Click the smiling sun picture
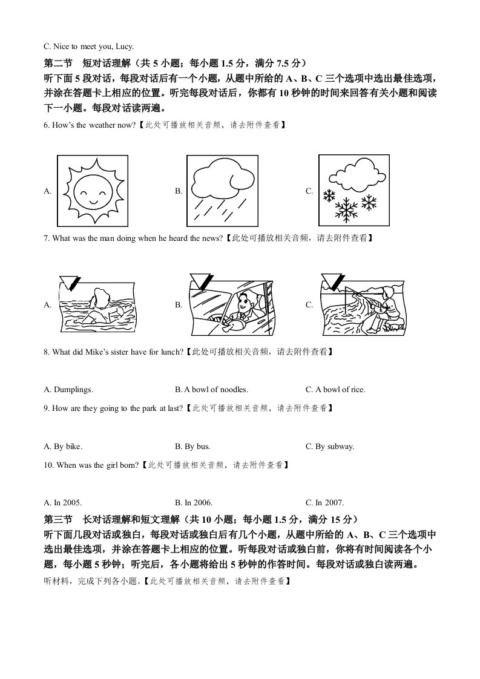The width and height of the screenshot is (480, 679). tap(92, 190)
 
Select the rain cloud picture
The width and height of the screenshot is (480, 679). tap(223, 190)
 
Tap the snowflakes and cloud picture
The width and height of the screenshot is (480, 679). tap(353, 190)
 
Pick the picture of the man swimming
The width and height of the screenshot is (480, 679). tap(97, 304)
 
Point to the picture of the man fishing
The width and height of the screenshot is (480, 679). tap(362, 304)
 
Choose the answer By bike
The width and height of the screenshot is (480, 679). tap(67, 447)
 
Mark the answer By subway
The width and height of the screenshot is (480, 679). tap(335, 447)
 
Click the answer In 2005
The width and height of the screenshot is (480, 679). tap(67, 502)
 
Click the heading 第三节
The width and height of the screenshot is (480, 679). tap(58, 519)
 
